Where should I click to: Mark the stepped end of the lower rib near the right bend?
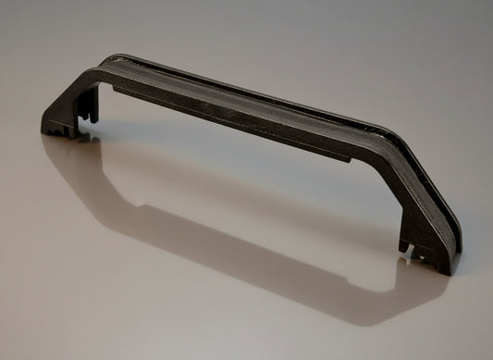[347, 157]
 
